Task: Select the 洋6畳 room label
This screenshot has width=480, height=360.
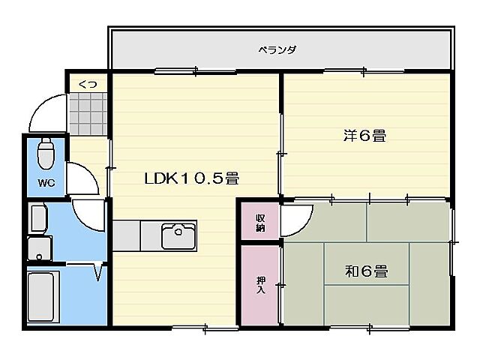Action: pos(364,136)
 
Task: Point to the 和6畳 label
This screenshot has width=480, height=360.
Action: pos(366,271)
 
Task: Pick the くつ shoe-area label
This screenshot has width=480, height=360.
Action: pos(87,85)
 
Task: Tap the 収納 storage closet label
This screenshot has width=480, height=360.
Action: pos(260,221)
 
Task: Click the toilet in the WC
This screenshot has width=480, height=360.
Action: pos(46,154)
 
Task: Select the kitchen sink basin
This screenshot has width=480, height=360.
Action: pos(178,235)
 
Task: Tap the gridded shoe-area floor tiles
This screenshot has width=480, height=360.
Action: pos(87,113)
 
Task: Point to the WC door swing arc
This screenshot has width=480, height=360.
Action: pos(81,178)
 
